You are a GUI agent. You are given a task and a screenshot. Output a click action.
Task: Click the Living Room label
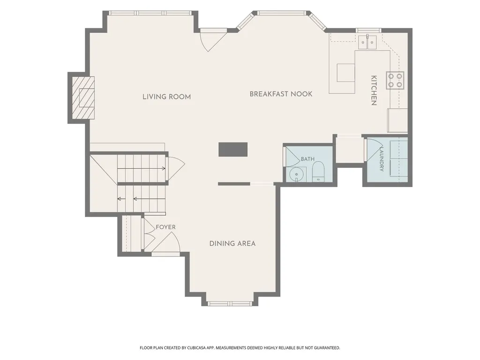pyautogui.click(x=166, y=97)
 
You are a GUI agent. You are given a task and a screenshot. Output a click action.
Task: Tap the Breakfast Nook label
pyautogui.click(x=281, y=94)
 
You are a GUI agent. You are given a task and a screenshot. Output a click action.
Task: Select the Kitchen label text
pyautogui.click(x=374, y=90)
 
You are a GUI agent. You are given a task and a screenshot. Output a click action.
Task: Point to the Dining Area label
pyautogui.click(x=232, y=244)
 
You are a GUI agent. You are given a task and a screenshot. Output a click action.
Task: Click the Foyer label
pyautogui.click(x=165, y=227)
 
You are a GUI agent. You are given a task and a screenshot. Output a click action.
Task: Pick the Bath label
pyautogui.click(x=307, y=159)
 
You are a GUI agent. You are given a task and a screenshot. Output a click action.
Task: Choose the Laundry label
pyautogui.click(x=382, y=159)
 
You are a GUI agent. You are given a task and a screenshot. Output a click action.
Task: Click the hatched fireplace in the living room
pyautogui.click(x=83, y=97)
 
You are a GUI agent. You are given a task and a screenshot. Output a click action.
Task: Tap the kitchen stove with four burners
pyautogui.click(x=395, y=80)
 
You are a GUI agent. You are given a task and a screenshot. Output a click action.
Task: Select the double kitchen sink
pyautogui.click(x=367, y=42)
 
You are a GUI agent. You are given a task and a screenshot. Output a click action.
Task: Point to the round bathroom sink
pyautogui.click(x=296, y=174)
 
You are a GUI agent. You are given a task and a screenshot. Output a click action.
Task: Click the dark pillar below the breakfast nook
pyautogui.click(x=233, y=150)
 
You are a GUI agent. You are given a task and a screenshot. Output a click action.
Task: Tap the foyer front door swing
pyautogui.click(x=165, y=242)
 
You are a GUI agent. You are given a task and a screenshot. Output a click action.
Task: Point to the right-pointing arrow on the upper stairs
pyautogui.click(x=142, y=168)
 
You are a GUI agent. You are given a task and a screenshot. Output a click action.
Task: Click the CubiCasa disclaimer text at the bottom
pyautogui.click(x=240, y=348)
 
